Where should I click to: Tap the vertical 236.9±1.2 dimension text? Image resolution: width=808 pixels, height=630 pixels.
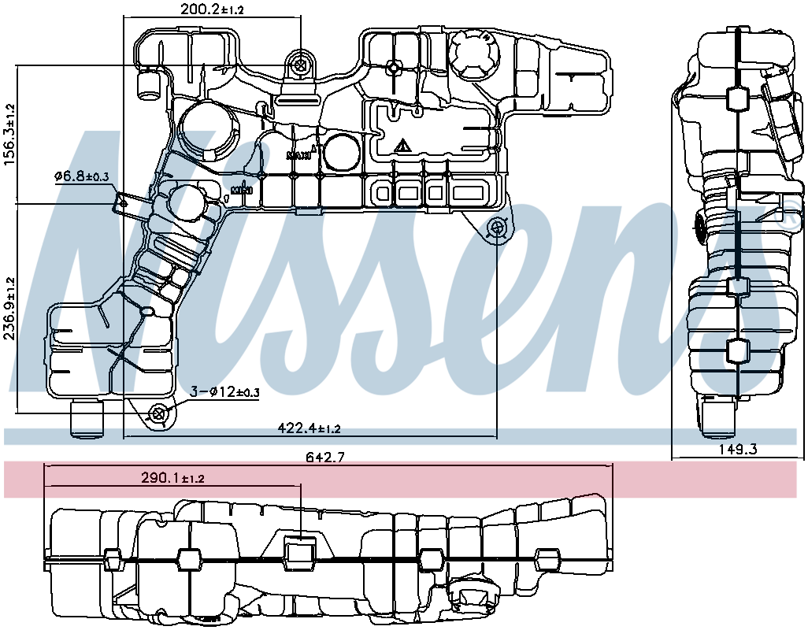(9, 308)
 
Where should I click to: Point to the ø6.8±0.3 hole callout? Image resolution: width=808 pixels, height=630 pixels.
(81, 176)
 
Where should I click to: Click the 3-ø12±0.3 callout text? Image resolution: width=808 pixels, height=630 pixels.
(225, 391)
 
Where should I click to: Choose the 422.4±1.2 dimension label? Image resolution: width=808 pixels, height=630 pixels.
(309, 428)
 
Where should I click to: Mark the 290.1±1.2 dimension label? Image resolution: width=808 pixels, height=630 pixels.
(172, 478)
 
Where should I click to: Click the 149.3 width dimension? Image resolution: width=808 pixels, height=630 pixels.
(739, 450)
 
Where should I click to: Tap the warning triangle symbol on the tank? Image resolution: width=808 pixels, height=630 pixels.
(402, 146)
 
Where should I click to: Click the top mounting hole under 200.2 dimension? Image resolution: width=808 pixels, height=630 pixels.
(299, 66)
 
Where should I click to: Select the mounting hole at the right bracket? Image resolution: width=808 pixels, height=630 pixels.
(496, 228)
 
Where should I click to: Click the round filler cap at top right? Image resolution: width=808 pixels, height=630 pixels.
(473, 54)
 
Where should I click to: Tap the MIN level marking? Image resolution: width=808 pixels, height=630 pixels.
(241, 190)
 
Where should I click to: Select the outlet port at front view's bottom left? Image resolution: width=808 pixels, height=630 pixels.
(87, 419)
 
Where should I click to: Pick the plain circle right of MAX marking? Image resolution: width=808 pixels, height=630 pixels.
(340, 152)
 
